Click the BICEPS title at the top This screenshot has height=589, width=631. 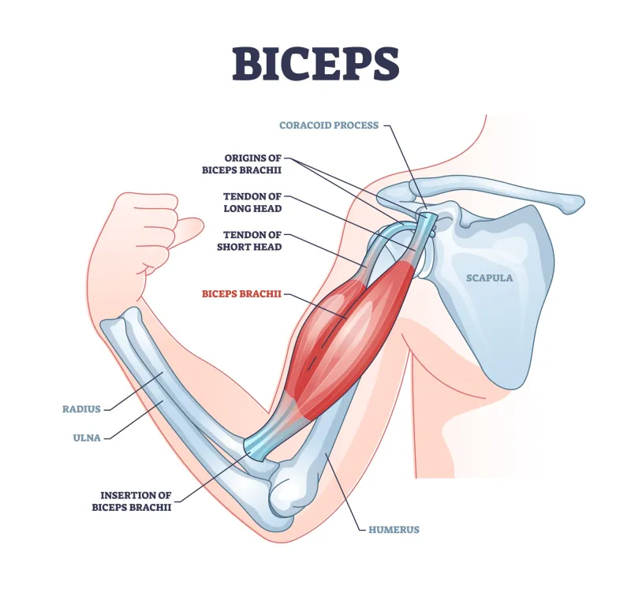(315, 63)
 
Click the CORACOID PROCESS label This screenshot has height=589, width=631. (330, 125)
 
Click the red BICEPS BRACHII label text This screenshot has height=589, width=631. (241, 294)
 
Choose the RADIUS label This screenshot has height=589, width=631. (81, 409)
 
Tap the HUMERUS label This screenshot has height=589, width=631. (394, 530)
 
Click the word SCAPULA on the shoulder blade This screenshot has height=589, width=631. (489, 278)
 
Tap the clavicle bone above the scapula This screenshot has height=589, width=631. (505, 197)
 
